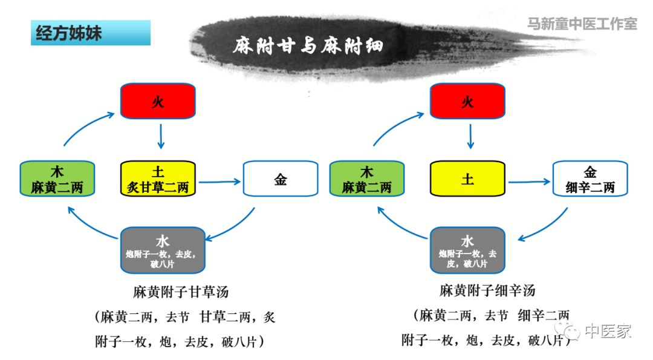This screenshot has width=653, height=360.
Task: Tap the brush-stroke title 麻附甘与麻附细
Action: [x=308, y=45]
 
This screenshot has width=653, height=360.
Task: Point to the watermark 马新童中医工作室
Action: [x=582, y=24]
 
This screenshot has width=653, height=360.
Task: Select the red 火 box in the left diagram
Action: [x=158, y=101]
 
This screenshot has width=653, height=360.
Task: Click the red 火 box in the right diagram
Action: [x=467, y=101]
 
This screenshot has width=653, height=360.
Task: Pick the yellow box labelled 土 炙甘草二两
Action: [x=158, y=179]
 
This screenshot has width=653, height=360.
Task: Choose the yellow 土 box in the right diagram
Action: [x=467, y=179]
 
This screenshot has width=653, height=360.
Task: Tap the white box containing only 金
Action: [x=281, y=179]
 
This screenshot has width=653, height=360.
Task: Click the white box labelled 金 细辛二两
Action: [x=590, y=179]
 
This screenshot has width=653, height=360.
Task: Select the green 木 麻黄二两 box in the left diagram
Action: [x=57, y=179]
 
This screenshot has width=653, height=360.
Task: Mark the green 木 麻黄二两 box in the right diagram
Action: [x=366, y=179]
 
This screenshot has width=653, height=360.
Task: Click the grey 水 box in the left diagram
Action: [x=163, y=250]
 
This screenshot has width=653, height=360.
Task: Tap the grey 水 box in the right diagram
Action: [x=467, y=250]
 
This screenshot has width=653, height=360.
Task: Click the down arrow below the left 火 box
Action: [x=161, y=136]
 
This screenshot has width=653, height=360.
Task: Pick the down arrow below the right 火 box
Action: [x=470, y=136]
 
